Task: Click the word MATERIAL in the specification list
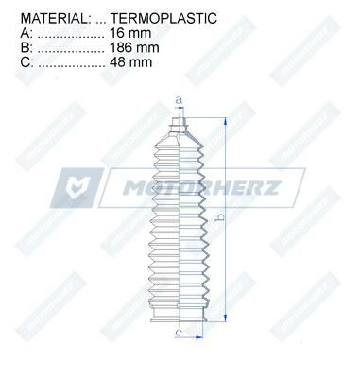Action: coord(53,18)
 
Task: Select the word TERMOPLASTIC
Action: coord(163,18)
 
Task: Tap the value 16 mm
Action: coord(130,33)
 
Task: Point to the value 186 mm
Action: coord(134,47)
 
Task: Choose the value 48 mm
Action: coord(130,62)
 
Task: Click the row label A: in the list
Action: coord(26,33)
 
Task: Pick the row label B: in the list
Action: coord(26,47)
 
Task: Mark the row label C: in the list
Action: coord(27,62)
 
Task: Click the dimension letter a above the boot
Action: coord(179,100)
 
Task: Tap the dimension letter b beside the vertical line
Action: coord(221,216)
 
